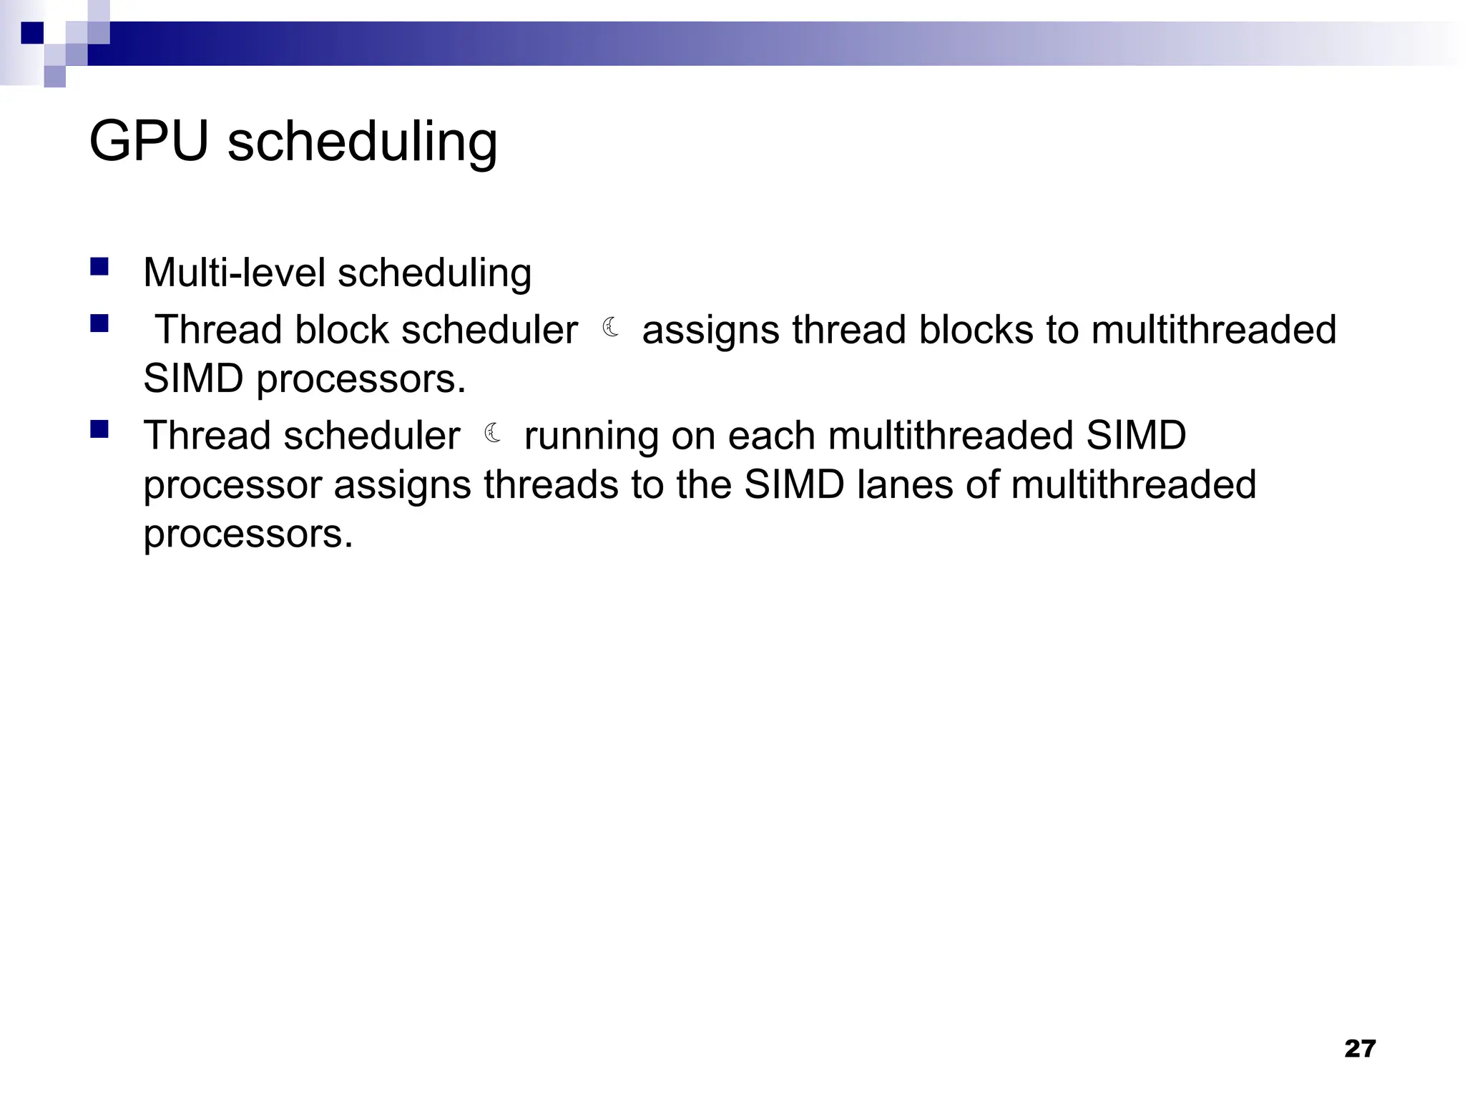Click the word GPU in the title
point(148,141)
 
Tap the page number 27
point(1360,1048)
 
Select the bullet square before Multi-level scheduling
point(99,268)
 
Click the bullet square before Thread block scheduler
point(99,324)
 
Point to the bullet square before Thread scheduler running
point(99,429)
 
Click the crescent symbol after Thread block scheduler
point(610,328)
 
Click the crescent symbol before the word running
point(492,433)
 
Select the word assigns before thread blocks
point(707,331)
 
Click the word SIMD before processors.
point(193,378)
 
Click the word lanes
point(905,484)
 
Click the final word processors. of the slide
point(248,534)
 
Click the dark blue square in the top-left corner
point(32,33)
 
